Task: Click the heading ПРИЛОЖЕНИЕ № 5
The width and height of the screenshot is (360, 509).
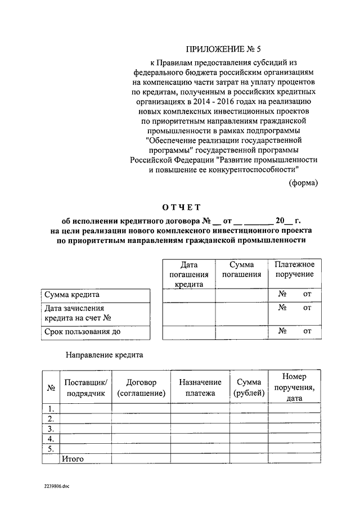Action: point(224,49)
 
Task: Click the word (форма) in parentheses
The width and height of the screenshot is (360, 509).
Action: point(303,182)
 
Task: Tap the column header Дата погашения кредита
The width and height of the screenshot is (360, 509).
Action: point(188,274)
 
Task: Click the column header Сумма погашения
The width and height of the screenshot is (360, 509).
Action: point(241,269)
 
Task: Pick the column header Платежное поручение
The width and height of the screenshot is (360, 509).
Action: point(295,269)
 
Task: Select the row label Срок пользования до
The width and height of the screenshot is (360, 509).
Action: point(82,331)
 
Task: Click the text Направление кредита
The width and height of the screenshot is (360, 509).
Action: point(104,355)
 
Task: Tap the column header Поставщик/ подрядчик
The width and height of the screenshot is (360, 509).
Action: point(85,388)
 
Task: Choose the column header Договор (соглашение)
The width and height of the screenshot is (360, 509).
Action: point(141,388)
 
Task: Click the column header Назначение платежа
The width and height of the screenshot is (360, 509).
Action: point(200,388)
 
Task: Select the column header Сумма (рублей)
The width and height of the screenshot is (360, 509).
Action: point(249,388)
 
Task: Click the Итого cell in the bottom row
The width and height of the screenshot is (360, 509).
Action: point(73,459)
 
